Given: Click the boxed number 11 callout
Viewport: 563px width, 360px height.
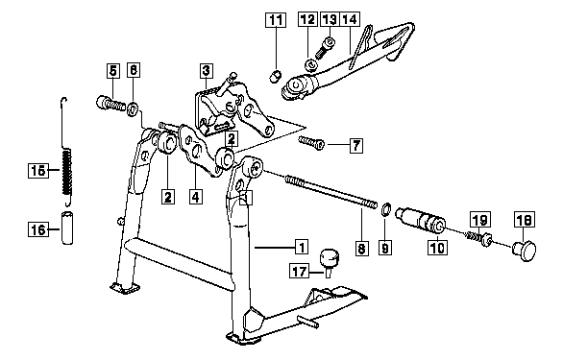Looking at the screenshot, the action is pyautogui.click(x=276, y=20).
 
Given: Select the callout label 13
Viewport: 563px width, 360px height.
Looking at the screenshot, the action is pyautogui.click(x=330, y=19).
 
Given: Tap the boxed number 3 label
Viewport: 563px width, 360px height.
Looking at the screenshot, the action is pyautogui.click(x=207, y=71).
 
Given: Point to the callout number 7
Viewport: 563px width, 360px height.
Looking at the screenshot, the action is pyautogui.click(x=356, y=146).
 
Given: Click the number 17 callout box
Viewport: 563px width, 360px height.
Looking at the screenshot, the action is pyautogui.click(x=299, y=271).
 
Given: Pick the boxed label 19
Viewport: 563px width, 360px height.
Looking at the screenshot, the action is pyautogui.click(x=480, y=220).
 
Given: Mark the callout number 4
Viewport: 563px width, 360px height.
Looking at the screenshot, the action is pyautogui.click(x=195, y=197).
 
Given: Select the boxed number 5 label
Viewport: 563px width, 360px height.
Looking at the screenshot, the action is pyautogui.click(x=112, y=70).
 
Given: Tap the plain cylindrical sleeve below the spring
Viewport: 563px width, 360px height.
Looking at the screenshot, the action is pyautogui.click(x=67, y=228).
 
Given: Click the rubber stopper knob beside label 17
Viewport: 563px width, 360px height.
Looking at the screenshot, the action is pyautogui.click(x=330, y=262).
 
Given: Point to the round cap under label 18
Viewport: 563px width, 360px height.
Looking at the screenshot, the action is pyautogui.click(x=525, y=250).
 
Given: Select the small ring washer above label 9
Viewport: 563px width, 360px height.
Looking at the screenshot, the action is pyautogui.click(x=385, y=209).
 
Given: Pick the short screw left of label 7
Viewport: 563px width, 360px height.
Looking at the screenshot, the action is pyautogui.click(x=311, y=143).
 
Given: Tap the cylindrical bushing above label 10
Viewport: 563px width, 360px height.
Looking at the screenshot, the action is pyautogui.click(x=421, y=221).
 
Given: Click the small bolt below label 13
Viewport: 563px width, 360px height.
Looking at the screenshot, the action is pyautogui.click(x=326, y=47).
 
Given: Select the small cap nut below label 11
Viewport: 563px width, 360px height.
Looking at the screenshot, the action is pyautogui.click(x=276, y=76).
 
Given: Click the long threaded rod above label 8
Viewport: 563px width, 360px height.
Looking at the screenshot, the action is pyautogui.click(x=331, y=191).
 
